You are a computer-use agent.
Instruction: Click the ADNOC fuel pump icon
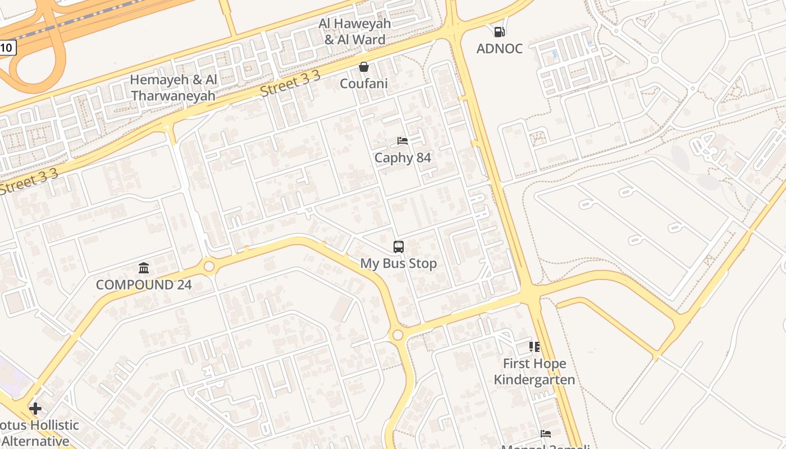[x=499, y=32]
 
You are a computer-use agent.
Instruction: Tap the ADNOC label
[x=499, y=49]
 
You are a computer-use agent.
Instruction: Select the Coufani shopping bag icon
[x=364, y=67]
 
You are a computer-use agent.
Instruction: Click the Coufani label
[x=364, y=84]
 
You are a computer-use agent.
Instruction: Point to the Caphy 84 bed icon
[x=403, y=140]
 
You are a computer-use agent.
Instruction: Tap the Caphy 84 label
[x=403, y=158]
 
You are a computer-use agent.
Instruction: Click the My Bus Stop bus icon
[x=398, y=246]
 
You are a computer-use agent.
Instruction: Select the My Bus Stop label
[x=398, y=263]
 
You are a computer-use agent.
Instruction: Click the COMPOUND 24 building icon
[x=144, y=268]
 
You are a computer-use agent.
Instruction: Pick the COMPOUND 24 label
[x=144, y=285]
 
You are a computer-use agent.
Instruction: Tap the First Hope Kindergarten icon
[x=534, y=347]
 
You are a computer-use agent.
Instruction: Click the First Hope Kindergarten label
[x=534, y=372]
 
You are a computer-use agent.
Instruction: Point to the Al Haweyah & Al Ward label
[x=355, y=31]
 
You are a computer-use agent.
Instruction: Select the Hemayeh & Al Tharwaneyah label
[x=173, y=88]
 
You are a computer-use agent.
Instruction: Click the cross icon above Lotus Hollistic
[x=35, y=408]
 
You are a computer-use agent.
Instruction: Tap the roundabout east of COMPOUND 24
[x=209, y=267]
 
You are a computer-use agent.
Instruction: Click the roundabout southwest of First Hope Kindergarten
[x=397, y=335]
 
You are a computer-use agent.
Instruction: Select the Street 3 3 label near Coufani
[x=290, y=84]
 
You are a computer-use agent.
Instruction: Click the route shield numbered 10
[x=7, y=48]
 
